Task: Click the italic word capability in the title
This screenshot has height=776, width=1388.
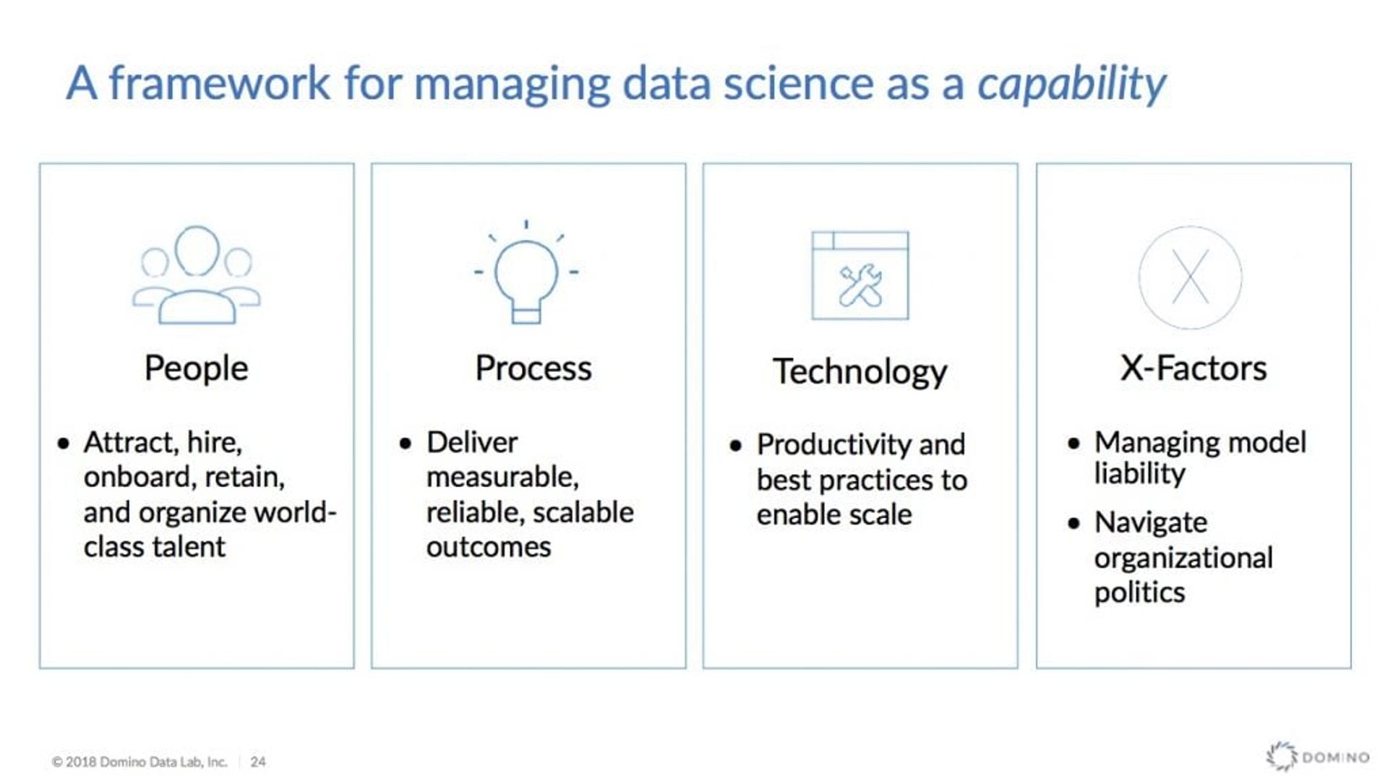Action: (1071, 85)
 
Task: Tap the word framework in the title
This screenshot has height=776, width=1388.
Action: (220, 83)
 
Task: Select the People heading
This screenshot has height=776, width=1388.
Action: (196, 368)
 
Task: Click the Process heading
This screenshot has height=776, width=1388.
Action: (533, 368)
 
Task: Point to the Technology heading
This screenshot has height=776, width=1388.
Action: (860, 372)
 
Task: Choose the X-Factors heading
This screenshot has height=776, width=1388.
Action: (1193, 368)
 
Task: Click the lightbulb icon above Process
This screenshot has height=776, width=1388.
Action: (526, 275)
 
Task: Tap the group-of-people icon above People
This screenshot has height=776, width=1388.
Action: (196, 275)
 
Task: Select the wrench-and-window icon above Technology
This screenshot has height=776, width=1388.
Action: (860, 275)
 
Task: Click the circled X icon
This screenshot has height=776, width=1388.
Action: (1190, 277)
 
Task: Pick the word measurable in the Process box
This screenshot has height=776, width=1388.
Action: (502, 477)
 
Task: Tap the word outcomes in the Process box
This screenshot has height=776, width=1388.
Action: (488, 547)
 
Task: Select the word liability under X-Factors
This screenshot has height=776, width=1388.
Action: (1139, 474)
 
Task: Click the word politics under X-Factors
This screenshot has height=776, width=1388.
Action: (1139, 592)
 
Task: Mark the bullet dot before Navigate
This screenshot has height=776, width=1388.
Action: (1074, 523)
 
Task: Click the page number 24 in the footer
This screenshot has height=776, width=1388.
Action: (258, 762)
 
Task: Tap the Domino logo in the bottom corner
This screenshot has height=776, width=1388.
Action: (1317, 756)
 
